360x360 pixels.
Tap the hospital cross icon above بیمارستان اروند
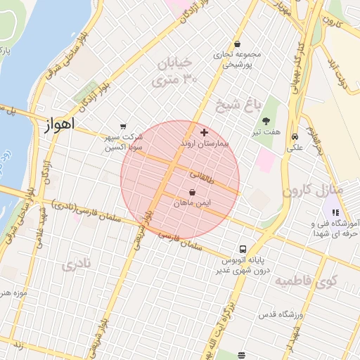(205, 132)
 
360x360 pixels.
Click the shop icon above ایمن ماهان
(193, 192)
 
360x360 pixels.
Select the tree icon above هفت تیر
(266, 122)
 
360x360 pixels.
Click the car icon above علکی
(294, 137)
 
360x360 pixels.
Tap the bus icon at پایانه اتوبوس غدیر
(243, 249)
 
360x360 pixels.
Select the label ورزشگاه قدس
(280, 314)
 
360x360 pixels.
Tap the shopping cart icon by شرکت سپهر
(124, 126)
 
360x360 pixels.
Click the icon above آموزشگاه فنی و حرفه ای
(336, 212)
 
